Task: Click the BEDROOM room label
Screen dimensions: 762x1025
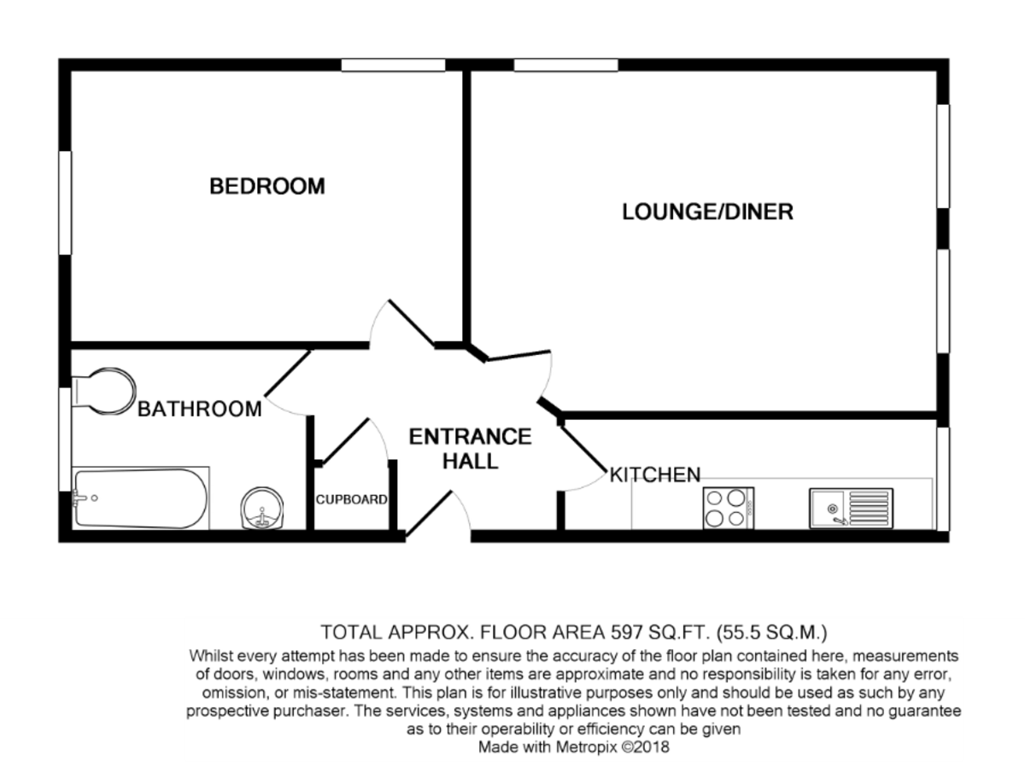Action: pos(267,186)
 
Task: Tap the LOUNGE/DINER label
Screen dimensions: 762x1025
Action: pos(707,212)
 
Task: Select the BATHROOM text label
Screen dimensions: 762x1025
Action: pos(200,409)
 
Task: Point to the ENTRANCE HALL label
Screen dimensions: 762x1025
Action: pos(470,449)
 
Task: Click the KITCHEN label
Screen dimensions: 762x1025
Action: pos(654,474)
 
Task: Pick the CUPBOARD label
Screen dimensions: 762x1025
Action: pos(352,500)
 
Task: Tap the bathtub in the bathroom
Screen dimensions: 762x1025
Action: pos(140,498)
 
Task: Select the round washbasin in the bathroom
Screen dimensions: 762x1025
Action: pos(260,509)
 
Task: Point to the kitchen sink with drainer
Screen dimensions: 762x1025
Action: pos(850,508)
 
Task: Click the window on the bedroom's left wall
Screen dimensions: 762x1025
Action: pos(64,202)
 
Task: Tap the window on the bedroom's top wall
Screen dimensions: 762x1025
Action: pos(393,65)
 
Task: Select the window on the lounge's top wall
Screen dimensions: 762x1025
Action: pos(565,65)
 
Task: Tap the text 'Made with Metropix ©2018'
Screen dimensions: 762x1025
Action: pos(573,747)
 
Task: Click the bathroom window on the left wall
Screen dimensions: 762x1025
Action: pos(64,439)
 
